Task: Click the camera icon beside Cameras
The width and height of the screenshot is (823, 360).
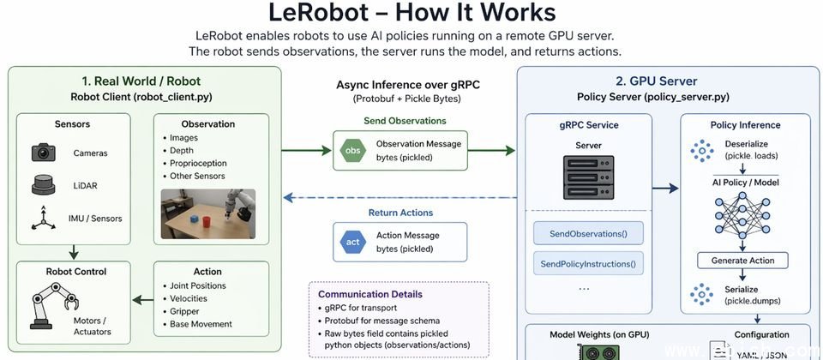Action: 44,153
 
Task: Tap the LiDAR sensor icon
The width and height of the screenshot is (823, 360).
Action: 44,184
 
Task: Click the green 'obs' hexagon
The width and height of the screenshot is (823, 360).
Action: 351,150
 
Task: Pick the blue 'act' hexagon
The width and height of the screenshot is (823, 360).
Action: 351,241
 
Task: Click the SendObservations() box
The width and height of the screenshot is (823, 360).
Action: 588,233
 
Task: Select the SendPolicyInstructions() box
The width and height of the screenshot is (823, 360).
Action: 588,263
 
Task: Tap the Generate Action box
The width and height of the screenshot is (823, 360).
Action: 742,260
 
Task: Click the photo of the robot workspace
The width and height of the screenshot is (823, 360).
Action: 208,213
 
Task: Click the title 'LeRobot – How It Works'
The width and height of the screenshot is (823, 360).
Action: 411,13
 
